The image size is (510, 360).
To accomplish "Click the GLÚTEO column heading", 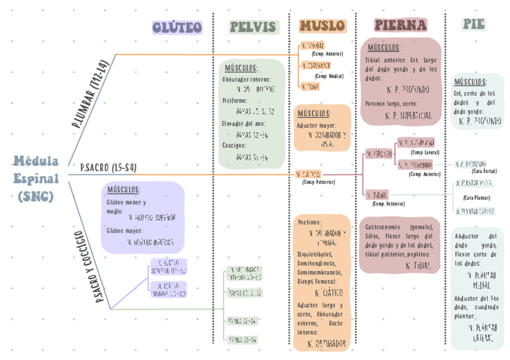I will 177,27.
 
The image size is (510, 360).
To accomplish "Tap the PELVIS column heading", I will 253,27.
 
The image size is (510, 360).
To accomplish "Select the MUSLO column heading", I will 322,26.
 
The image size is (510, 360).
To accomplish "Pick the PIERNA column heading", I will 400,25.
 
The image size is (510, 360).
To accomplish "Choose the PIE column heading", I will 473,25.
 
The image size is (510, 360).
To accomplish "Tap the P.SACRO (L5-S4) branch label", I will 108,168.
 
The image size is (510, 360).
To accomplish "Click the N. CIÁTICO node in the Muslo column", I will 309,174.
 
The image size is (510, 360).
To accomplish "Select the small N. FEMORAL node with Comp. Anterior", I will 312,46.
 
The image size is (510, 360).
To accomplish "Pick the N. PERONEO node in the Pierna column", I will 379,154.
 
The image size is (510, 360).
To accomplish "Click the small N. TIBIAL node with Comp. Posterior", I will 377,195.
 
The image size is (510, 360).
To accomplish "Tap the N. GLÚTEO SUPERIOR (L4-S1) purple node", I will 168,266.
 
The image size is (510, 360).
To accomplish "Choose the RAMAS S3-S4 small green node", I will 243,340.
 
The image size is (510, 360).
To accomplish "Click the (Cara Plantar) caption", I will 476,197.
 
